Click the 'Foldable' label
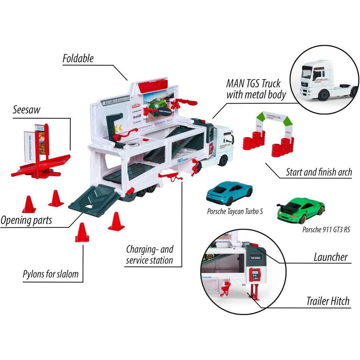click(78, 58)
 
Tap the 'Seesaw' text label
click(26, 109)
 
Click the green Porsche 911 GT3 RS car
click(301, 209)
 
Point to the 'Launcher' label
click(330, 257)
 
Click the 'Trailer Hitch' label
click(327, 301)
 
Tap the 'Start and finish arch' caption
click(319, 172)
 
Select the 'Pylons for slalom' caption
click(51, 274)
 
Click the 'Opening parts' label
click(26, 220)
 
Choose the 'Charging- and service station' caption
click(149, 255)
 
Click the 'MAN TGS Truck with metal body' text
click(256, 89)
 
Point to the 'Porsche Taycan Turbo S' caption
click(235, 212)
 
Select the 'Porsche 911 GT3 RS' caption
click(326, 229)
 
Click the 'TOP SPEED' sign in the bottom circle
click(256, 257)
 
